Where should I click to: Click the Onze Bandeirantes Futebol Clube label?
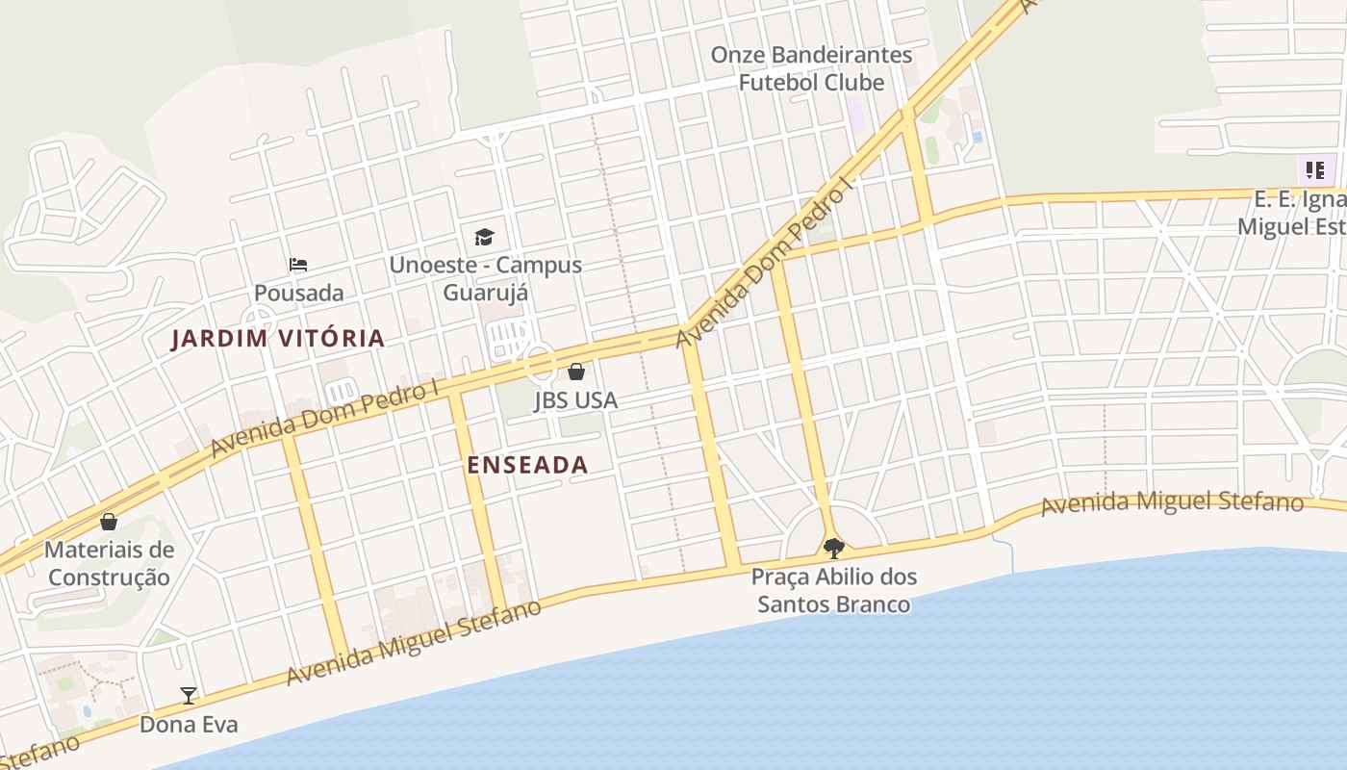click(811, 68)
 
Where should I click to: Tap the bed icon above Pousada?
click(298, 265)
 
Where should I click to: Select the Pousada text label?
click(298, 293)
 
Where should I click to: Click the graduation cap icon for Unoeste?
click(484, 237)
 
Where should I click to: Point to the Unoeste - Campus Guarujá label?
click(486, 278)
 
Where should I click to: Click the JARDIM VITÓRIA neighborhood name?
click(278, 339)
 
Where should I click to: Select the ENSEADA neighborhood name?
click(527, 465)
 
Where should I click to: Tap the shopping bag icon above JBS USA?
click(575, 372)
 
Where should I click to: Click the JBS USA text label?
click(575, 400)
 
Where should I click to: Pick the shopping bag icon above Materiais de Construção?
click(109, 522)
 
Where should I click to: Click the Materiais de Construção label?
click(110, 564)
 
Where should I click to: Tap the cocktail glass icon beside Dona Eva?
click(189, 695)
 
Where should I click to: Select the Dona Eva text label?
click(189, 724)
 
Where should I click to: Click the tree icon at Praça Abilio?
click(834, 549)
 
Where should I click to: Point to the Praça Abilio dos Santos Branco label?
click(833, 591)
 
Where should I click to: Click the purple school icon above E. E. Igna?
click(1314, 170)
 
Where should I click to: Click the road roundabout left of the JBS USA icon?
click(540, 364)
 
